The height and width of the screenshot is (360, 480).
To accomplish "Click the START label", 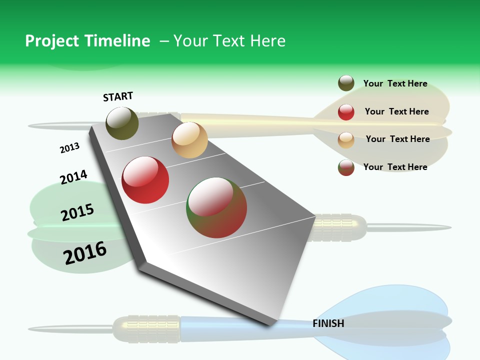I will click(x=118, y=96).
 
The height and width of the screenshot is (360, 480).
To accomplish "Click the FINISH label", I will click(x=328, y=323).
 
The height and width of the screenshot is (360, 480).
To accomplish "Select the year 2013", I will click(x=69, y=148).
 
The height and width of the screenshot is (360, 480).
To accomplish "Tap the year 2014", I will click(x=73, y=177).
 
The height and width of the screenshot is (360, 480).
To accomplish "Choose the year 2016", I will click(x=85, y=253).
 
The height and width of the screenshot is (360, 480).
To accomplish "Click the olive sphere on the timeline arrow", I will click(x=122, y=123).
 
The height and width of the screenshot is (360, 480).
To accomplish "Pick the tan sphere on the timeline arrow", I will click(x=189, y=140).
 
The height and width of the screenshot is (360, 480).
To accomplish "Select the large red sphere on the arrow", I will click(x=145, y=180).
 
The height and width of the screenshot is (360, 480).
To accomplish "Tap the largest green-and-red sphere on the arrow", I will click(x=216, y=207).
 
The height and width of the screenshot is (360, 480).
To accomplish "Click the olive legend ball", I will click(x=346, y=83).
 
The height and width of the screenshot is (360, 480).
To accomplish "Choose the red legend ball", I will click(x=346, y=112).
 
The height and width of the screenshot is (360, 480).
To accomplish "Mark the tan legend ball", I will click(x=346, y=140).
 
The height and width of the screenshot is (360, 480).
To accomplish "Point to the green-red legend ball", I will click(x=346, y=167).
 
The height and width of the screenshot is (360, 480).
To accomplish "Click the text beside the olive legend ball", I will click(x=395, y=84).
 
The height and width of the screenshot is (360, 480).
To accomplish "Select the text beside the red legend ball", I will click(x=396, y=111).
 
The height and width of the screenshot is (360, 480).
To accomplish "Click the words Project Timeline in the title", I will click(x=87, y=41).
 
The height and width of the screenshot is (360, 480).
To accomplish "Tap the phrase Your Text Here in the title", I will click(x=229, y=41).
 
